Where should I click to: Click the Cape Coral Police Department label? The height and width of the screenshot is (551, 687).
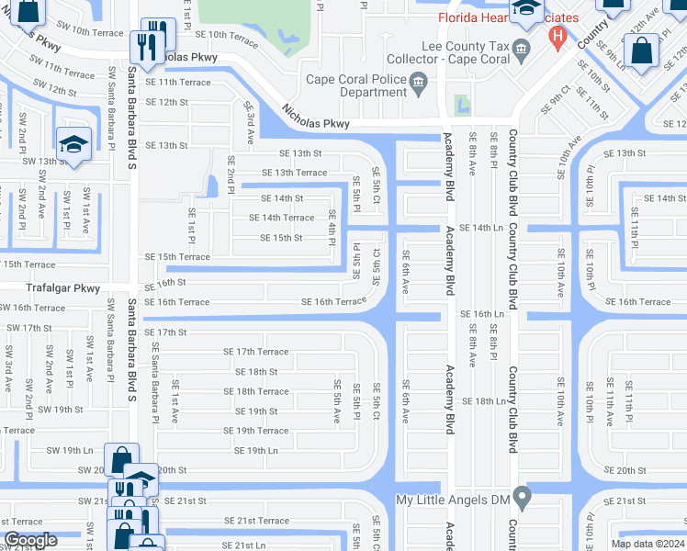(x=356, y=85)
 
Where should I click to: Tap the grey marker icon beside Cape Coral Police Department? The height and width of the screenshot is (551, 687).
(x=419, y=84)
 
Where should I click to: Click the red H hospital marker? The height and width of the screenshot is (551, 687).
(x=556, y=38)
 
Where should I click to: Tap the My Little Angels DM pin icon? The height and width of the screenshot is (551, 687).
(x=523, y=499)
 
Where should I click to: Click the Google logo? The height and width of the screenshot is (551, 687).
(x=30, y=540)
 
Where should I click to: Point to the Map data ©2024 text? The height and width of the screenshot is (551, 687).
(x=647, y=544)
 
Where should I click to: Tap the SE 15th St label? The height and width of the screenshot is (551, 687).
(x=281, y=238)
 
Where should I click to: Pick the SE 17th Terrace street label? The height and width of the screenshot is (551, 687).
(x=255, y=352)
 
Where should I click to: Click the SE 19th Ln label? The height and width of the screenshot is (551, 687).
(x=255, y=451)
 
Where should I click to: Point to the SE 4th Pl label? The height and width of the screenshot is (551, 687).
(x=333, y=226)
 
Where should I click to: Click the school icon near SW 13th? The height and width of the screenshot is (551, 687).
(x=73, y=144)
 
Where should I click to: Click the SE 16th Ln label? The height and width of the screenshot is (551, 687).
(x=482, y=314)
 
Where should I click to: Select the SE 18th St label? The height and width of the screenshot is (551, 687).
(x=255, y=372)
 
